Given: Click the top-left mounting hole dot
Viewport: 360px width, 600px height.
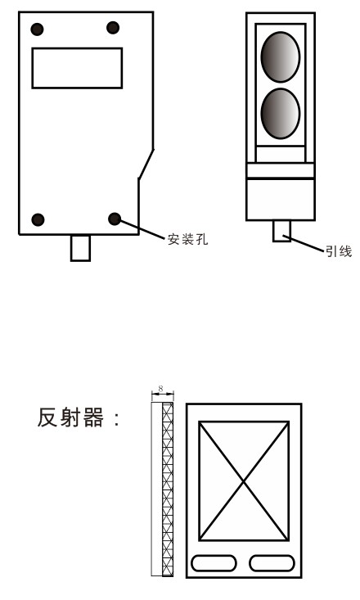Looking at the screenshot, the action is tap(37, 29).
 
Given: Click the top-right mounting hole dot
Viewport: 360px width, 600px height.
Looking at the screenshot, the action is tap(113, 28).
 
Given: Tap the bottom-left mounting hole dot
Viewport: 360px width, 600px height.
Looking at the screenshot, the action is tap(38, 219).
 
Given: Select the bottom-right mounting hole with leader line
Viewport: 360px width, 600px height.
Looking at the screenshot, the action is tap(115, 219).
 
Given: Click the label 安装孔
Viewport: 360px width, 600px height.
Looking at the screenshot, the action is tap(188, 239).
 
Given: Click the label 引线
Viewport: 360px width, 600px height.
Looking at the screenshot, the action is tap(339, 251).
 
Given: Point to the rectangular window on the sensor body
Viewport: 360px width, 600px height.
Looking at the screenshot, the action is tap(77, 68).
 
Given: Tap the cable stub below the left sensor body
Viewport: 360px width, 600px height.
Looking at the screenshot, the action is tap(81, 248).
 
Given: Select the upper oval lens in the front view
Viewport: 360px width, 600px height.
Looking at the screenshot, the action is tap(281, 57).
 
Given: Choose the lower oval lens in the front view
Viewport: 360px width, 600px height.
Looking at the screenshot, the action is tap(281, 114).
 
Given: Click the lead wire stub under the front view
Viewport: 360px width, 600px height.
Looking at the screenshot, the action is tap(281, 231).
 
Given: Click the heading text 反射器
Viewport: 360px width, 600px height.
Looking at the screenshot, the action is tap(70, 417).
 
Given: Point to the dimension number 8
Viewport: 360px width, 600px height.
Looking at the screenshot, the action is tap(160, 388).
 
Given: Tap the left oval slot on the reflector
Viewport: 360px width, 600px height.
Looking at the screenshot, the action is tap(214, 563).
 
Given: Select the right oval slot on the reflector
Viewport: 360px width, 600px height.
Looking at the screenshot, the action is tap(272, 563).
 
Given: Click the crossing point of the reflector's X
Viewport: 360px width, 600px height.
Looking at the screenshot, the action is tap(244, 481).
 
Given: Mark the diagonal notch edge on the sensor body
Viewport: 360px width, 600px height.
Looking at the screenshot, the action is tap(146, 164).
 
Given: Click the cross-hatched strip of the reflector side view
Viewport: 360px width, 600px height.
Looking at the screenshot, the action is tap(168, 489).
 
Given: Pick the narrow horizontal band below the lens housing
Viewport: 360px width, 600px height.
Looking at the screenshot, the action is tap(281, 170).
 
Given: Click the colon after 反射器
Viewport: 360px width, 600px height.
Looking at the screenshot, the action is tap(117, 418).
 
